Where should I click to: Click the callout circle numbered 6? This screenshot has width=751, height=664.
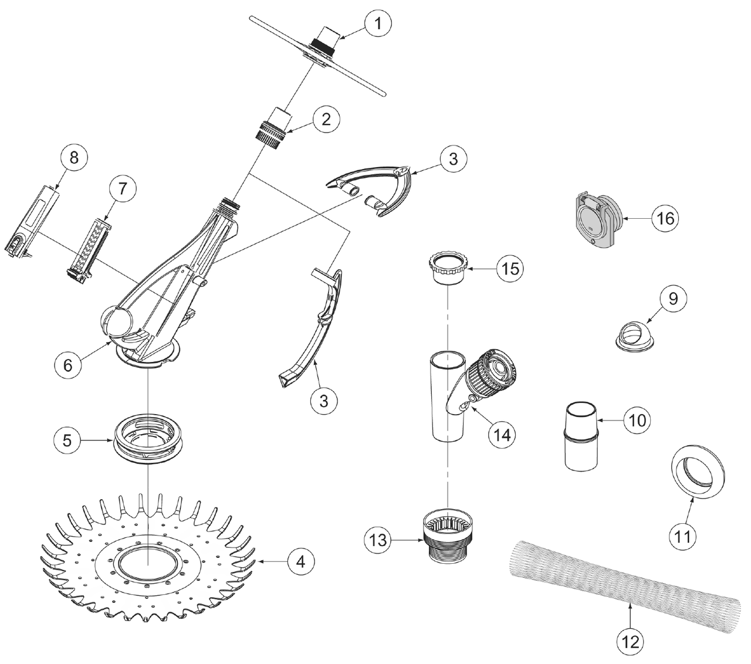[x=67, y=364]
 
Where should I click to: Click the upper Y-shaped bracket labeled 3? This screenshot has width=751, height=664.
[x=375, y=188]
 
